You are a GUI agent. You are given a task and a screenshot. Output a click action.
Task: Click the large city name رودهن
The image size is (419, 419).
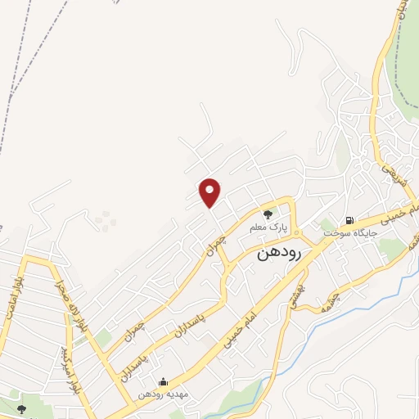[x=279, y=253]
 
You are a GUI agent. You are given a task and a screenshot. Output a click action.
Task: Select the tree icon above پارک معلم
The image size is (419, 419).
[x=268, y=214]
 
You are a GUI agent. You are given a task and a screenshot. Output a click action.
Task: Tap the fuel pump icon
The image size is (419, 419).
[x=349, y=219]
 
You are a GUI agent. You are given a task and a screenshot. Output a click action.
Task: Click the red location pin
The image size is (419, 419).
[x=210, y=193]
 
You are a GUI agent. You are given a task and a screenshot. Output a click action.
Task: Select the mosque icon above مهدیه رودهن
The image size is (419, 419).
[x=163, y=381]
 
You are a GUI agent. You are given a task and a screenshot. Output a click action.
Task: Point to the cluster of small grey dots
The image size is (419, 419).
[x=104, y=219]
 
